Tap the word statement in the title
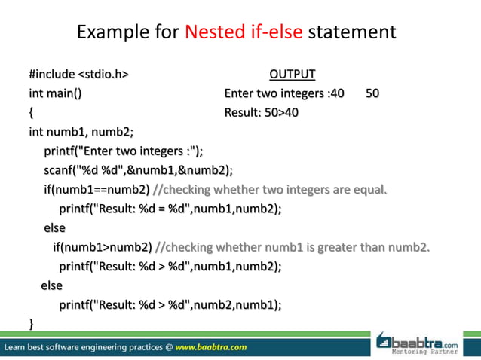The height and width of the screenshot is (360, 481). [351, 33]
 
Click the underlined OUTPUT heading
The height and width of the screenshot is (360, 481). [293, 75]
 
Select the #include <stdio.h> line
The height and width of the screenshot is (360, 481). [78, 75]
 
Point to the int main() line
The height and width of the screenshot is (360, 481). [56, 94]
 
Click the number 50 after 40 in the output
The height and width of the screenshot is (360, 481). [372, 94]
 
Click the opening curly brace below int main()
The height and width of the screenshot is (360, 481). [31, 114]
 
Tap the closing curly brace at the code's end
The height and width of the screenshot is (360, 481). [31, 324]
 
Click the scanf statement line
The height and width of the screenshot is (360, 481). [138, 169]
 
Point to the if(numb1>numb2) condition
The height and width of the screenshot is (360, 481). [102, 246]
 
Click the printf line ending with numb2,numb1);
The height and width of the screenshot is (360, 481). [170, 304]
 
